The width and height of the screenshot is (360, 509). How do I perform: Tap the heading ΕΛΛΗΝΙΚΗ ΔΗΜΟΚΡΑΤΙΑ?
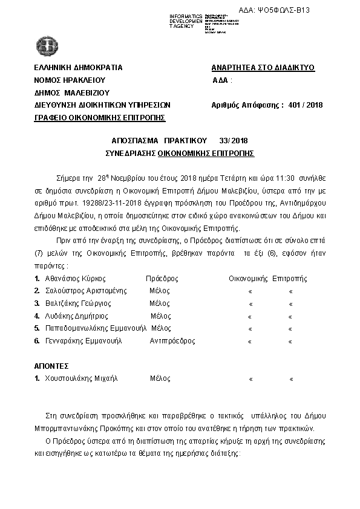(x=79, y=68)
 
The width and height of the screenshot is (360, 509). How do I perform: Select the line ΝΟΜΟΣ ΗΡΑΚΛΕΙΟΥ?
(x=70, y=80)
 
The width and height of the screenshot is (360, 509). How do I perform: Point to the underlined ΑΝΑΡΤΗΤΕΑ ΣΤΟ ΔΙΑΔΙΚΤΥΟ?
(x=263, y=68)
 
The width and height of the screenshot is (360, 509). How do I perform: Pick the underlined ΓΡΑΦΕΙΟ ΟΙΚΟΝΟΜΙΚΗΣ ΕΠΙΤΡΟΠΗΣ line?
(x=100, y=117)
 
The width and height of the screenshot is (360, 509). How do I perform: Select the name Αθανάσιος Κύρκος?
(x=76, y=279)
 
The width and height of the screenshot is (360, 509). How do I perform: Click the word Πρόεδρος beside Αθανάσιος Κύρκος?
(x=162, y=279)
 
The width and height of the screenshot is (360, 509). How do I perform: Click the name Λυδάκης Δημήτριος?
(x=76, y=316)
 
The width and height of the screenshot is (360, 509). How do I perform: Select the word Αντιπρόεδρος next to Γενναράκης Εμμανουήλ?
(x=172, y=341)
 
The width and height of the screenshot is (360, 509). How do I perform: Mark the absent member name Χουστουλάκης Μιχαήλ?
(x=81, y=378)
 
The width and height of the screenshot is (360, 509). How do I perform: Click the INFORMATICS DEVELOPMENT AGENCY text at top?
(x=187, y=21)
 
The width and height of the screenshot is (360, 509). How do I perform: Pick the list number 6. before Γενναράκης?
(x=38, y=341)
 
